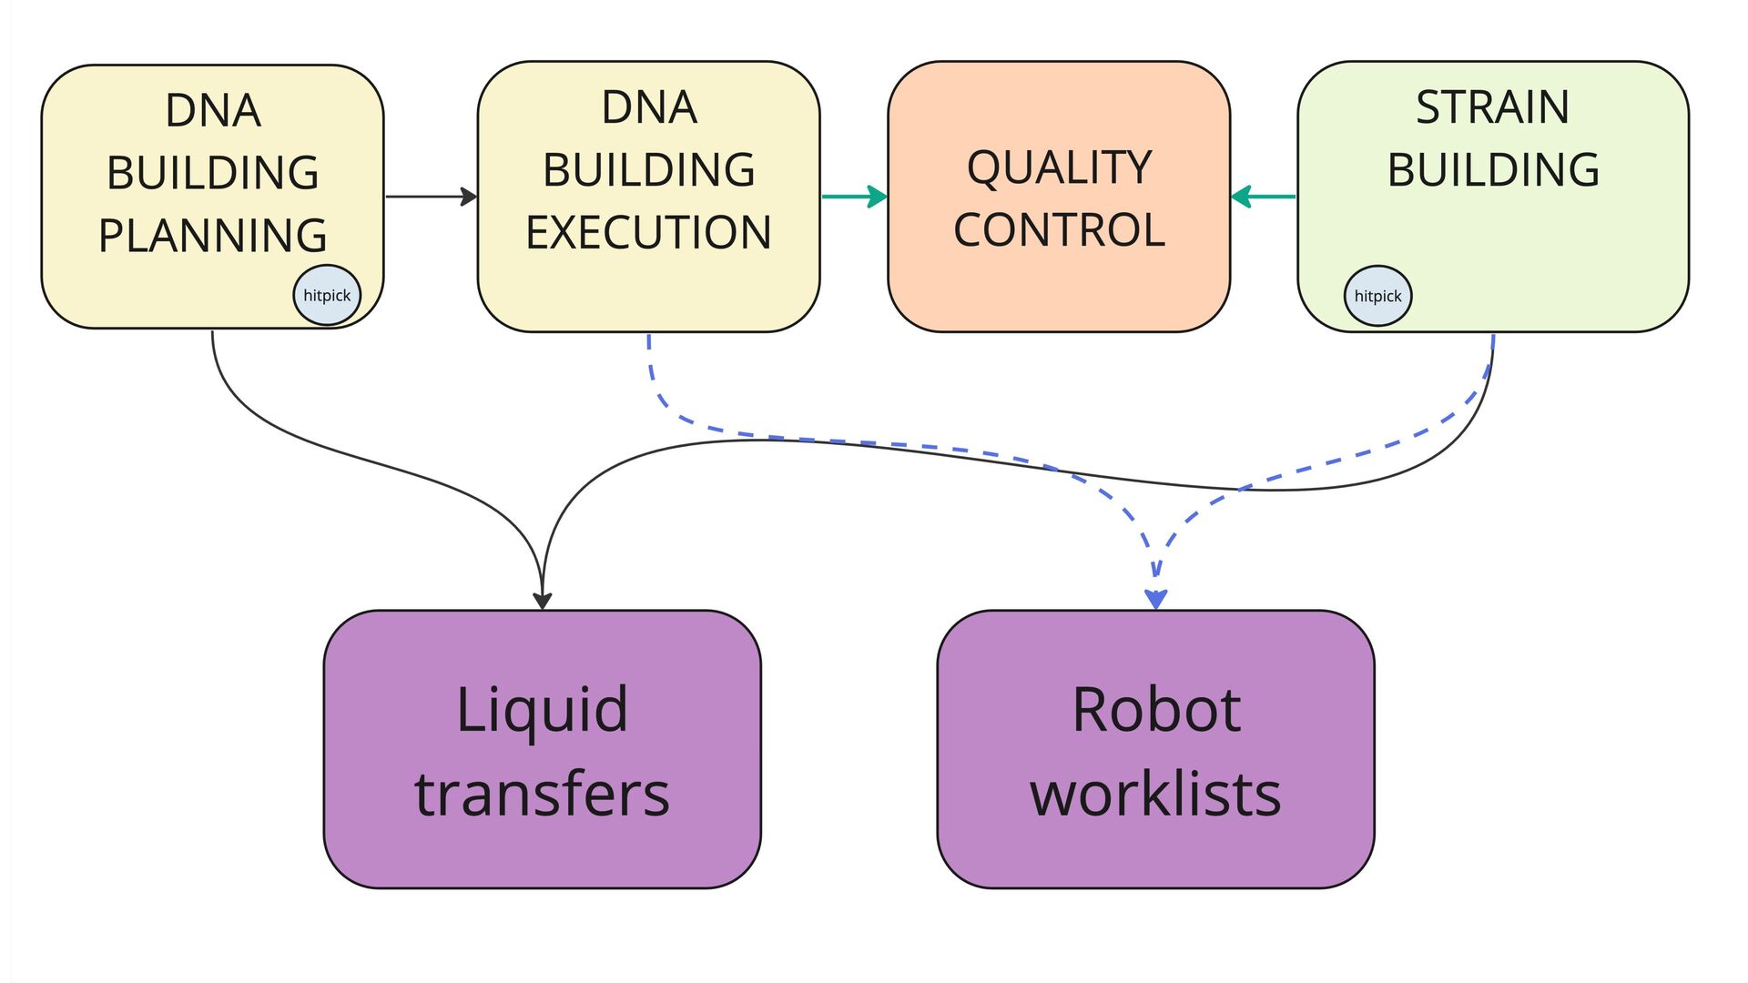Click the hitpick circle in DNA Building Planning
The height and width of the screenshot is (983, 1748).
tap(327, 295)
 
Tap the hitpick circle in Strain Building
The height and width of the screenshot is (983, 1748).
tap(1377, 296)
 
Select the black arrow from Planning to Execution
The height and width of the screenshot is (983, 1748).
tap(432, 197)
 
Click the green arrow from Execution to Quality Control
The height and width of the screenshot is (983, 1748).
tap(854, 197)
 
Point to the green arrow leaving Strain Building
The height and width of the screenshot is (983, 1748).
tap(1263, 197)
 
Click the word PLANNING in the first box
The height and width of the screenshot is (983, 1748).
tap(213, 236)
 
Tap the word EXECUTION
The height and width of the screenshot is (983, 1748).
tap(648, 232)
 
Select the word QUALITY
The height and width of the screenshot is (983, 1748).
tap(1059, 167)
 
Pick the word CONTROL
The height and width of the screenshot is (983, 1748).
tap(1059, 229)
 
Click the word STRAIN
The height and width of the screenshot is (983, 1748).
tap(1493, 107)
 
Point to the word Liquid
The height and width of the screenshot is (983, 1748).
tap(542, 711)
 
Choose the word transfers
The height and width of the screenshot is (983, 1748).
tap(542, 794)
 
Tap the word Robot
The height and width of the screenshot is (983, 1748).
tap(1156, 709)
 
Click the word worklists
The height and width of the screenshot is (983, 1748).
tap(1155, 794)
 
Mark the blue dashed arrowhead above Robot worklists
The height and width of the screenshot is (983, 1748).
tap(1156, 599)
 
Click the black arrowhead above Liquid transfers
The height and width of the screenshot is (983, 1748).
tap(543, 601)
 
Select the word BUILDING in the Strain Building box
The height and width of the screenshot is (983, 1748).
tap(1493, 169)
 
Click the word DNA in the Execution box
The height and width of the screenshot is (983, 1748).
tap(649, 107)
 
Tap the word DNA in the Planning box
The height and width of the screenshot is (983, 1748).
tap(213, 111)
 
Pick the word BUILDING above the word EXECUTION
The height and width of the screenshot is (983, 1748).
tap(649, 169)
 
